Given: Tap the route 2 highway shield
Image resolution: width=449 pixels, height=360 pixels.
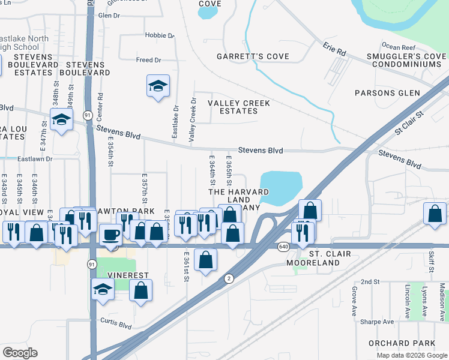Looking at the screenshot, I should click(x=229, y=278).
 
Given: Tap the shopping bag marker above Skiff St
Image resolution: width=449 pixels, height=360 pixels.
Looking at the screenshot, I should click(x=435, y=214).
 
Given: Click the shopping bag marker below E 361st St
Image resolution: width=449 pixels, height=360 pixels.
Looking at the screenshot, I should click(x=205, y=260).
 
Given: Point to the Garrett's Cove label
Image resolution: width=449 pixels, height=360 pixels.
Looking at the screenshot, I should click(x=253, y=57).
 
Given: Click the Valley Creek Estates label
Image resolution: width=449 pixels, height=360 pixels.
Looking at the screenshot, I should click(x=239, y=107).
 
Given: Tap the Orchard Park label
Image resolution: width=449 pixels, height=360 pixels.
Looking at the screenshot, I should click(x=411, y=343).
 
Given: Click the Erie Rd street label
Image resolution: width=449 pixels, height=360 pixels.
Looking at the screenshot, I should click(x=334, y=49).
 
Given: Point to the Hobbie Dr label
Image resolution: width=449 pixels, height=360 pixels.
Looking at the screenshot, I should click(x=159, y=35).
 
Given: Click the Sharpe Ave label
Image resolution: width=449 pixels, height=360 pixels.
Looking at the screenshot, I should click(x=377, y=322).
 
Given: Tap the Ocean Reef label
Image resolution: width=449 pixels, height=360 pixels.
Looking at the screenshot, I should click(x=399, y=46).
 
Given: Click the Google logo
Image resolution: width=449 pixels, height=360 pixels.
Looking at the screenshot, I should click(x=20, y=353).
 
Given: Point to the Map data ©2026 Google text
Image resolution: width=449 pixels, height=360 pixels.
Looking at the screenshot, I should click(x=412, y=355).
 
